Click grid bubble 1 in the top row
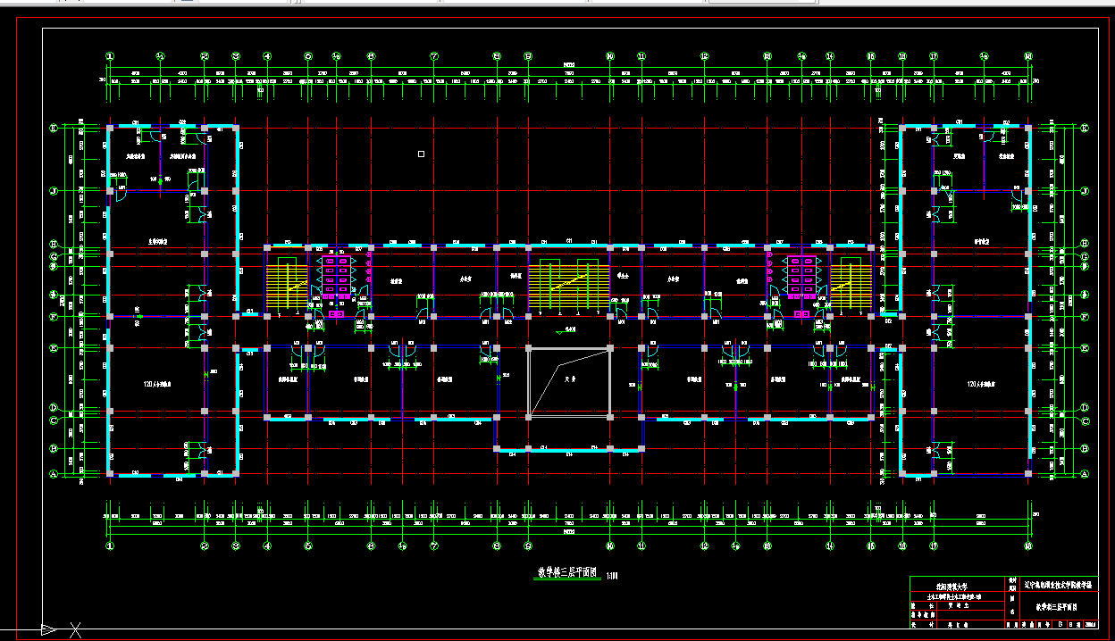click(110, 56)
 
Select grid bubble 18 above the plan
click(1028, 56)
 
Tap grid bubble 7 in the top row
click(434, 56)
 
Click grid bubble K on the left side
click(54, 129)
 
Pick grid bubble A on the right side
click(1085, 475)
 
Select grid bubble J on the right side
click(1085, 190)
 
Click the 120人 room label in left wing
click(157, 384)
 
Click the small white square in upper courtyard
click(421, 154)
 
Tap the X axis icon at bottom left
click(77, 630)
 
